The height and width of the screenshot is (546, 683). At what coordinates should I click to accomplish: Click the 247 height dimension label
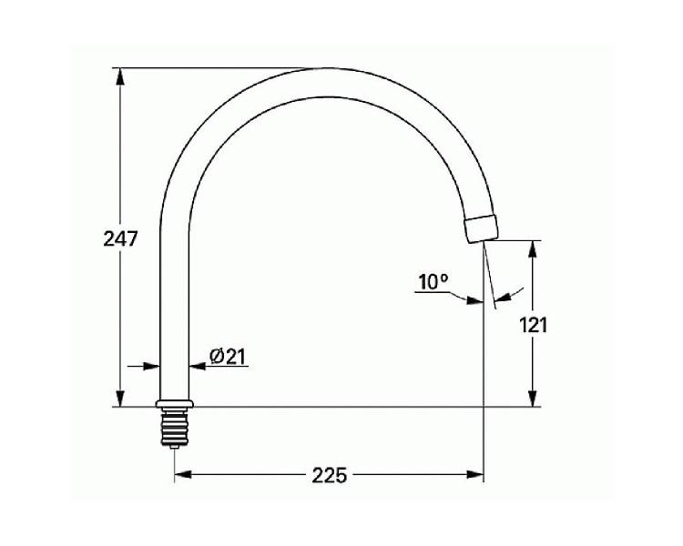click(120, 238)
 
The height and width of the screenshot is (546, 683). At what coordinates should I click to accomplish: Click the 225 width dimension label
click(330, 475)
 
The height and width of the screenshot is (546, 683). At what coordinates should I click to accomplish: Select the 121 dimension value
click(533, 325)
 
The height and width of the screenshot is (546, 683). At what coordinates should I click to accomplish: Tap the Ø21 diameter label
click(228, 357)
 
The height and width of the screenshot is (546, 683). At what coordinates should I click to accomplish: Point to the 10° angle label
click(433, 282)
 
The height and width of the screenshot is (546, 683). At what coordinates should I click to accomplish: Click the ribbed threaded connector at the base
click(174, 427)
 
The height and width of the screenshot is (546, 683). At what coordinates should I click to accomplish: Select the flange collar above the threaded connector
click(174, 404)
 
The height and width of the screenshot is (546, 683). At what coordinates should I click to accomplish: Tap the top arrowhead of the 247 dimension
click(120, 76)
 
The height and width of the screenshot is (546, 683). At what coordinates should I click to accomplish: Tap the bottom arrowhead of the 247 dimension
click(120, 399)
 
